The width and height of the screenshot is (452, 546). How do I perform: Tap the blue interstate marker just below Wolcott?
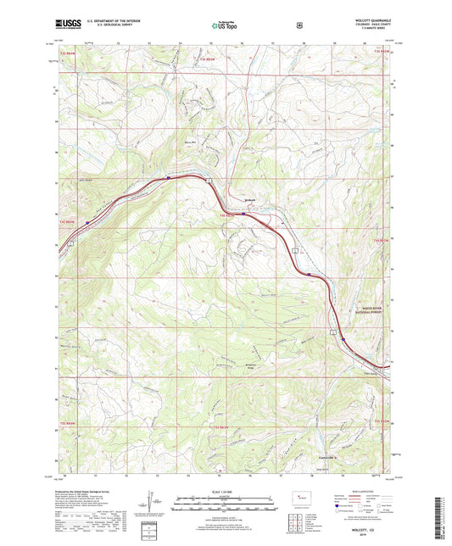(x=244, y=214)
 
